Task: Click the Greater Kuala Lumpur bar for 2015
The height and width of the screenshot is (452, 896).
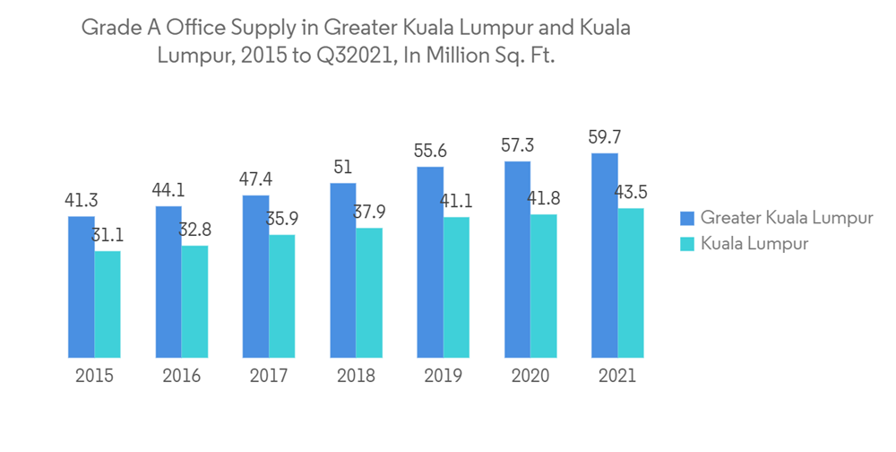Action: point(81,287)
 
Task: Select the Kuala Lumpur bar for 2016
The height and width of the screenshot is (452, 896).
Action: point(194,301)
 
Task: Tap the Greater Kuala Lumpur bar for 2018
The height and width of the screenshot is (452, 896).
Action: point(343,270)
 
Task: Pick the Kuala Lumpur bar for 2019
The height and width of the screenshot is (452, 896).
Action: point(456,287)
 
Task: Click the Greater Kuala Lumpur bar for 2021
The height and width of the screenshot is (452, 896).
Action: point(605,256)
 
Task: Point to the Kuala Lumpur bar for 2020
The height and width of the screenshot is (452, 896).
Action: point(543,286)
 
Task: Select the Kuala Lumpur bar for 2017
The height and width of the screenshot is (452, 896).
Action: point(281,296)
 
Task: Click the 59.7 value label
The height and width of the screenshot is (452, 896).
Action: point(605,138)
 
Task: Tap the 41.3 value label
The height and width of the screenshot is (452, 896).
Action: point(81,201)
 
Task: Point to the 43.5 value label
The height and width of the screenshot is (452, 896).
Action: point(632,193)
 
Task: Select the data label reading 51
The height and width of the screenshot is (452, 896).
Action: point(343,168)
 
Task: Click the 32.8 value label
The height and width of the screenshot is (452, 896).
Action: point(196,230)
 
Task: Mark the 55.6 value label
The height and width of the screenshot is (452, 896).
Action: point(430,152)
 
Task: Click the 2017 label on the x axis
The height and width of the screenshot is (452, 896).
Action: point(268,376)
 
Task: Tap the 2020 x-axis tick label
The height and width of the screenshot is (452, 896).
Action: point(530,376)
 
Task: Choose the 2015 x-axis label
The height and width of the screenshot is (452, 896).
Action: point(94,376)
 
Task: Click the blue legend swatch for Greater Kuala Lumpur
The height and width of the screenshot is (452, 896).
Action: point(687,218)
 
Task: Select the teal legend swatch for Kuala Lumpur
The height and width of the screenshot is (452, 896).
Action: point(687,243)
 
